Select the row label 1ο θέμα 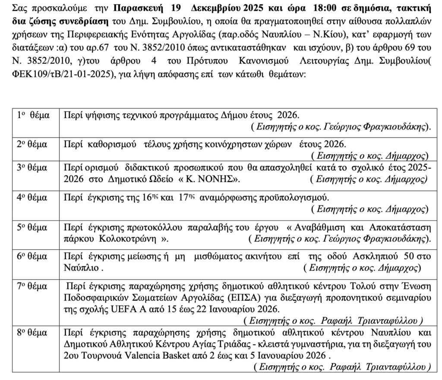coord(32,116)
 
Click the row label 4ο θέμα coord(32,199)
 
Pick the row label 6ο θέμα coord(32,257)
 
